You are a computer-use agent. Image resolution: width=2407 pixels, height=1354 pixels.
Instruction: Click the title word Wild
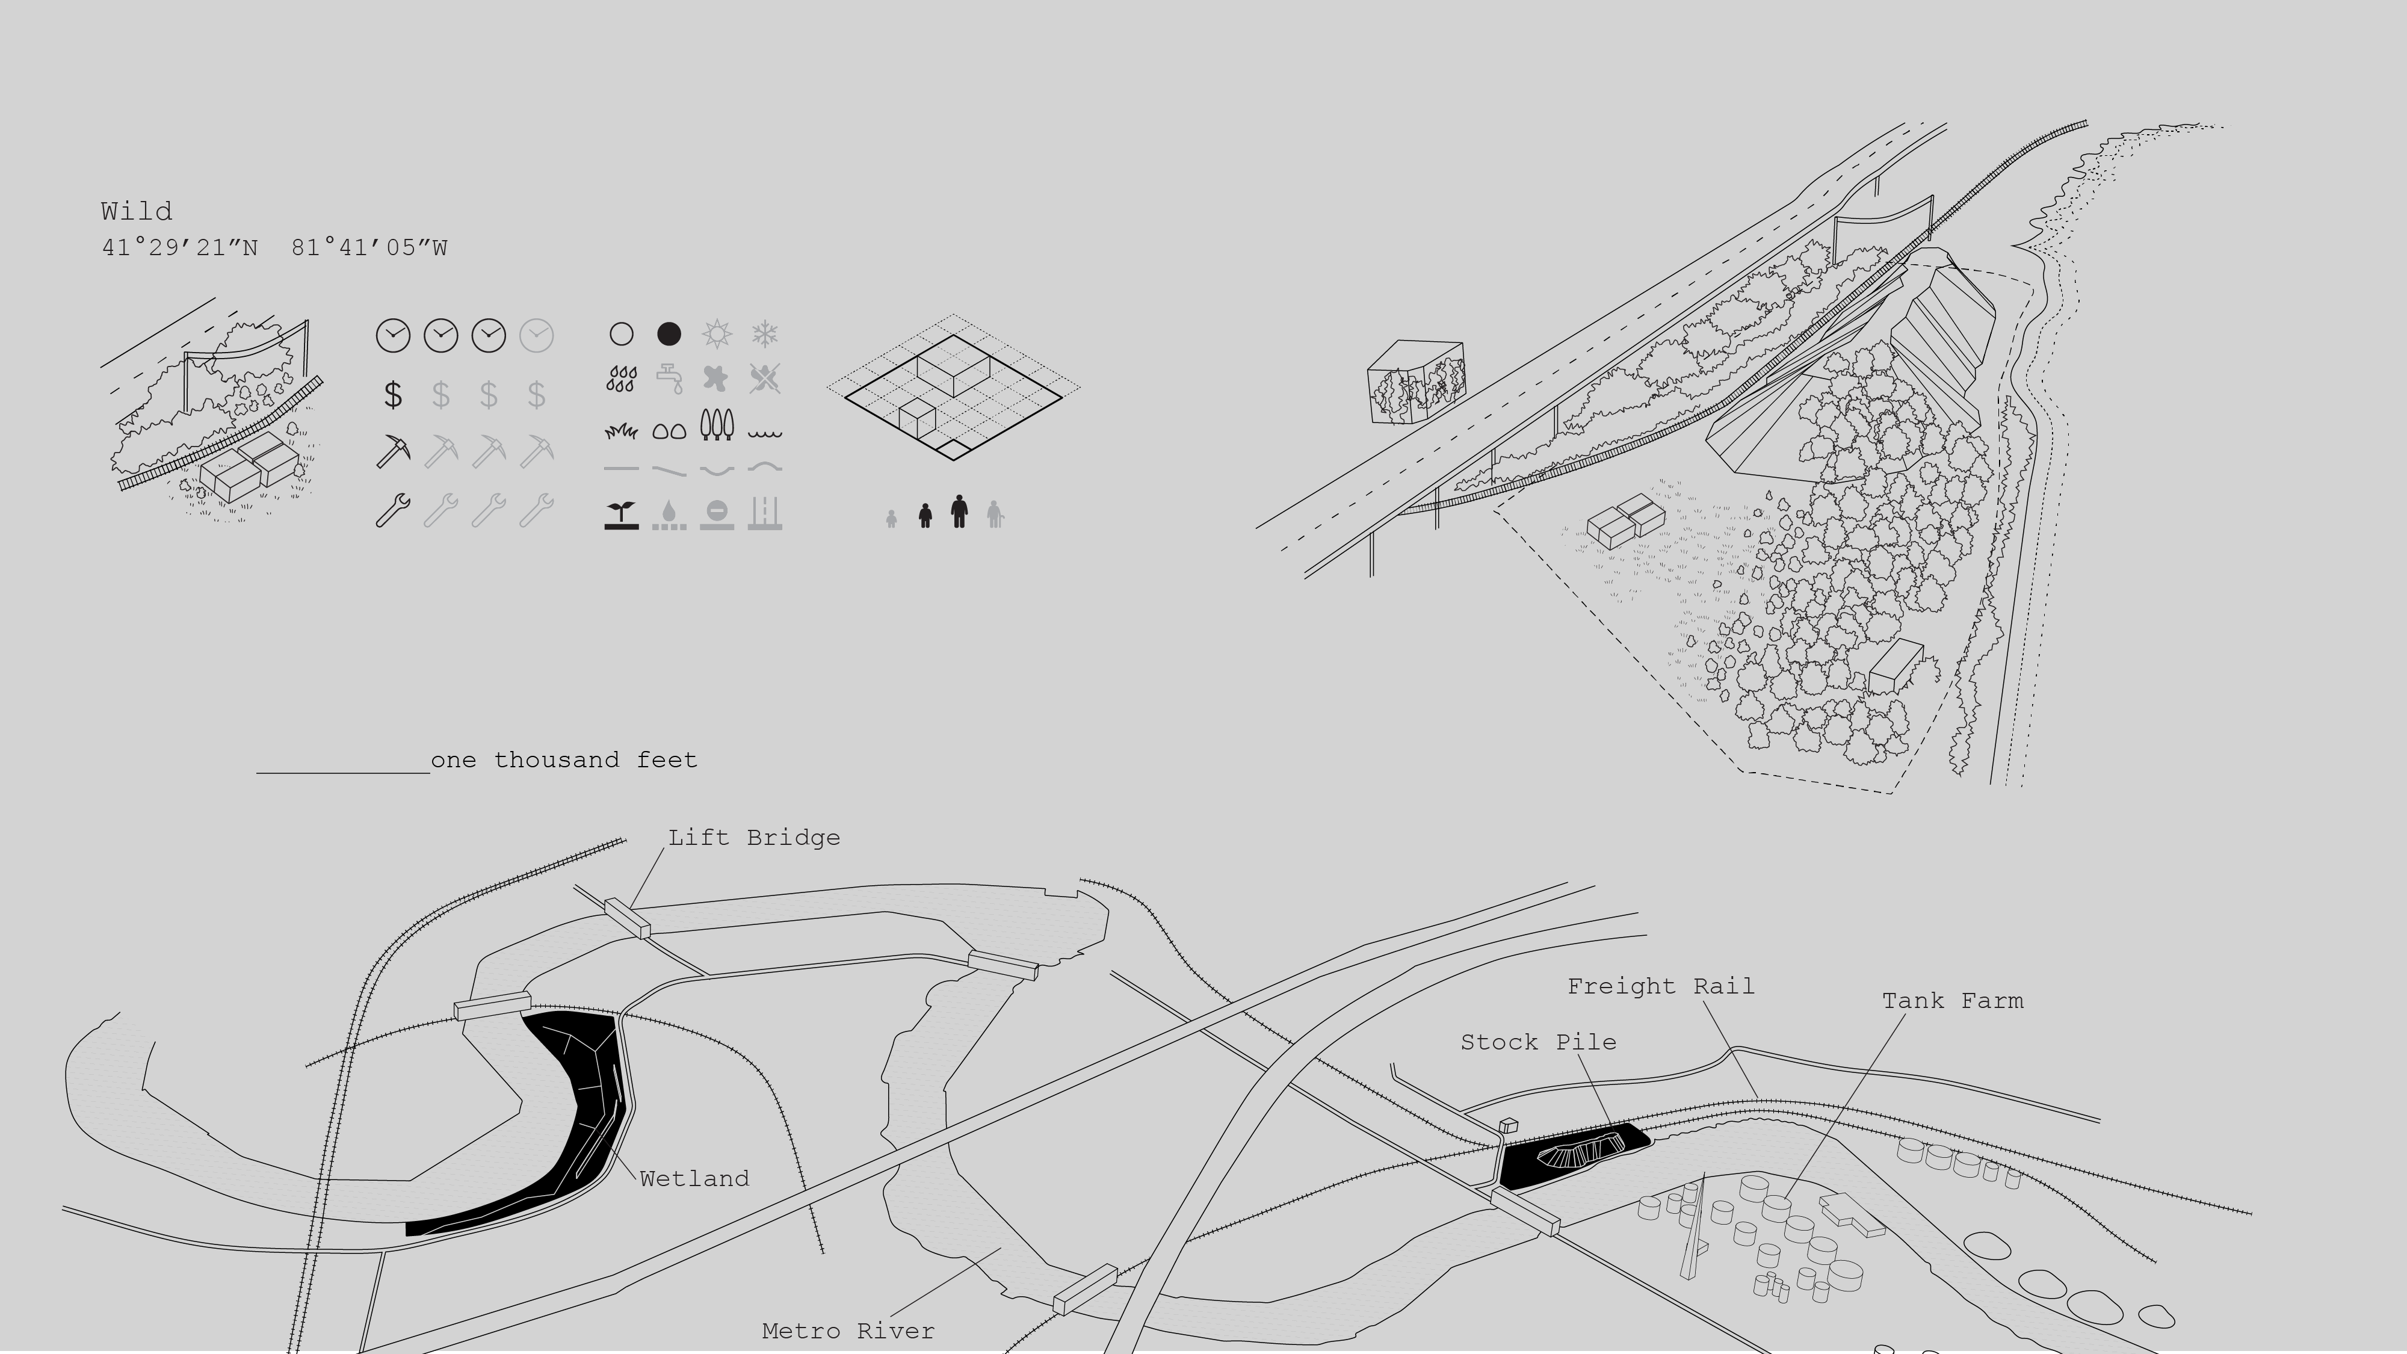click(137, 211)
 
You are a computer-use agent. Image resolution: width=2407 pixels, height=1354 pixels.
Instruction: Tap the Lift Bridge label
click(754, 837)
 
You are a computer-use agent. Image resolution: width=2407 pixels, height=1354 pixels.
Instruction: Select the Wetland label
click(694, 1178)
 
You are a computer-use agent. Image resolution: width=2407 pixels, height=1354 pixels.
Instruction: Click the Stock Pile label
click(1538, 1042)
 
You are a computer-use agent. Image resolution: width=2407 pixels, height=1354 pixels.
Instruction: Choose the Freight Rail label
click(1660, 986)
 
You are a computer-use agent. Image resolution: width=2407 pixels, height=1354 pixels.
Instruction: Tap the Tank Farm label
click(1952, 1001)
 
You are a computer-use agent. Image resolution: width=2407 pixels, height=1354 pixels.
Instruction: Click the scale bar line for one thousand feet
click(343, 773)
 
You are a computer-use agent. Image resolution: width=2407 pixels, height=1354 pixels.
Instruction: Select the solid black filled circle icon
click(669, 333)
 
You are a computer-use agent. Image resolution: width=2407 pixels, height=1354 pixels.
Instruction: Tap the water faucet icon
click(669, 379)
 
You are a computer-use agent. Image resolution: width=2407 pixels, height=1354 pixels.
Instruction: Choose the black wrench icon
click(392, 510)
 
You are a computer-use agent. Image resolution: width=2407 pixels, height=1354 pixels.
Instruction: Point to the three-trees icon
click(717, 425)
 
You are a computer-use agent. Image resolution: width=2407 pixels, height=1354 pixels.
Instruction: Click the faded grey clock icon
click(536, 335)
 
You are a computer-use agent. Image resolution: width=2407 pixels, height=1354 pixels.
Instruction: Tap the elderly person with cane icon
click(995, 514)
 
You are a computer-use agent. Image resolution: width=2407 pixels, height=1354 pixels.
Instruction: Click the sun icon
click(717, 333)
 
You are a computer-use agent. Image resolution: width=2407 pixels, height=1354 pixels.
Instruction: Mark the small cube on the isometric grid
click(916, 419)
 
